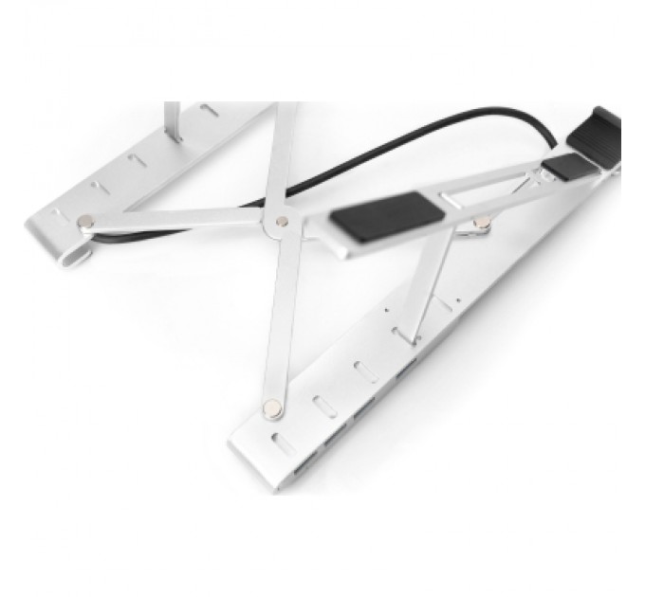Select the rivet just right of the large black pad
[481, 224]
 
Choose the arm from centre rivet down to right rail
[276, 313]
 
